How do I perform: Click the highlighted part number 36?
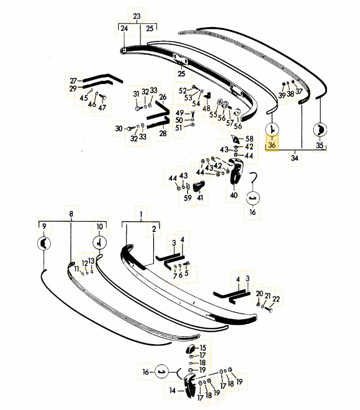[x=272, y=145]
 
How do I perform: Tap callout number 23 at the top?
[x=137, y=16]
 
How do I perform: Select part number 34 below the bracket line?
[x=295, y=158]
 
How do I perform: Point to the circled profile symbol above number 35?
[x=320, y=129]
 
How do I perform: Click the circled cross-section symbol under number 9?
[x=44, y=244]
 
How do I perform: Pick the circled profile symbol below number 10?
[x=99, y=243]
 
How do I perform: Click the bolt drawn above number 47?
[x=103, y=97]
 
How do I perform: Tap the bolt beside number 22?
[x=269, y=309]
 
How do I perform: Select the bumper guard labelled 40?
[x=236, y=171]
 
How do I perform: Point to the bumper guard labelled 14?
[x=189, y=385]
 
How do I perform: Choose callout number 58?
[x=249, y=139]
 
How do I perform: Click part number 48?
[x=206, y=108]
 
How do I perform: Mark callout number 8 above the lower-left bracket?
[x=71, y=214]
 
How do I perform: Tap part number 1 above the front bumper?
[x=141, y=214]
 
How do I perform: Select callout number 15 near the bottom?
[x=203, y=348]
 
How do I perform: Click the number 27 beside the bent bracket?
[x=73, y=81]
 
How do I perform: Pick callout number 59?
[x=188, y=198]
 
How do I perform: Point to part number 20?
[x=259, y=294]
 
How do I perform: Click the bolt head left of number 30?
[x=130, y=129]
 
